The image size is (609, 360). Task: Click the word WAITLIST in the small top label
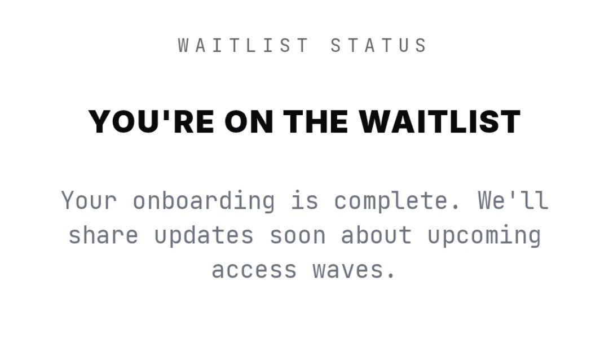[x=243, y=45]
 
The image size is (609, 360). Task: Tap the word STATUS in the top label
[x=379, y=45]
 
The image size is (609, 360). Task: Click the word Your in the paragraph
[x=89, y=200]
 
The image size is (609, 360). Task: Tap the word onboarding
[x=204, y=200]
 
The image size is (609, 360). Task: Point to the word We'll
[x=513, y=200]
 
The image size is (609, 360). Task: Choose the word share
[x=103, y=235]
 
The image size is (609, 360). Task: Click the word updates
[x=204, y=235]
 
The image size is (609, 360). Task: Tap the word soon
[x=297, y=235]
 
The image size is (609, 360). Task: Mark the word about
[x=376, y=235]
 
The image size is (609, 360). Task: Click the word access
[x=254, y=270]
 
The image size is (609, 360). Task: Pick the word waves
[x=347, y=270]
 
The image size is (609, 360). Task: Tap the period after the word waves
[x=390, y=277]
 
